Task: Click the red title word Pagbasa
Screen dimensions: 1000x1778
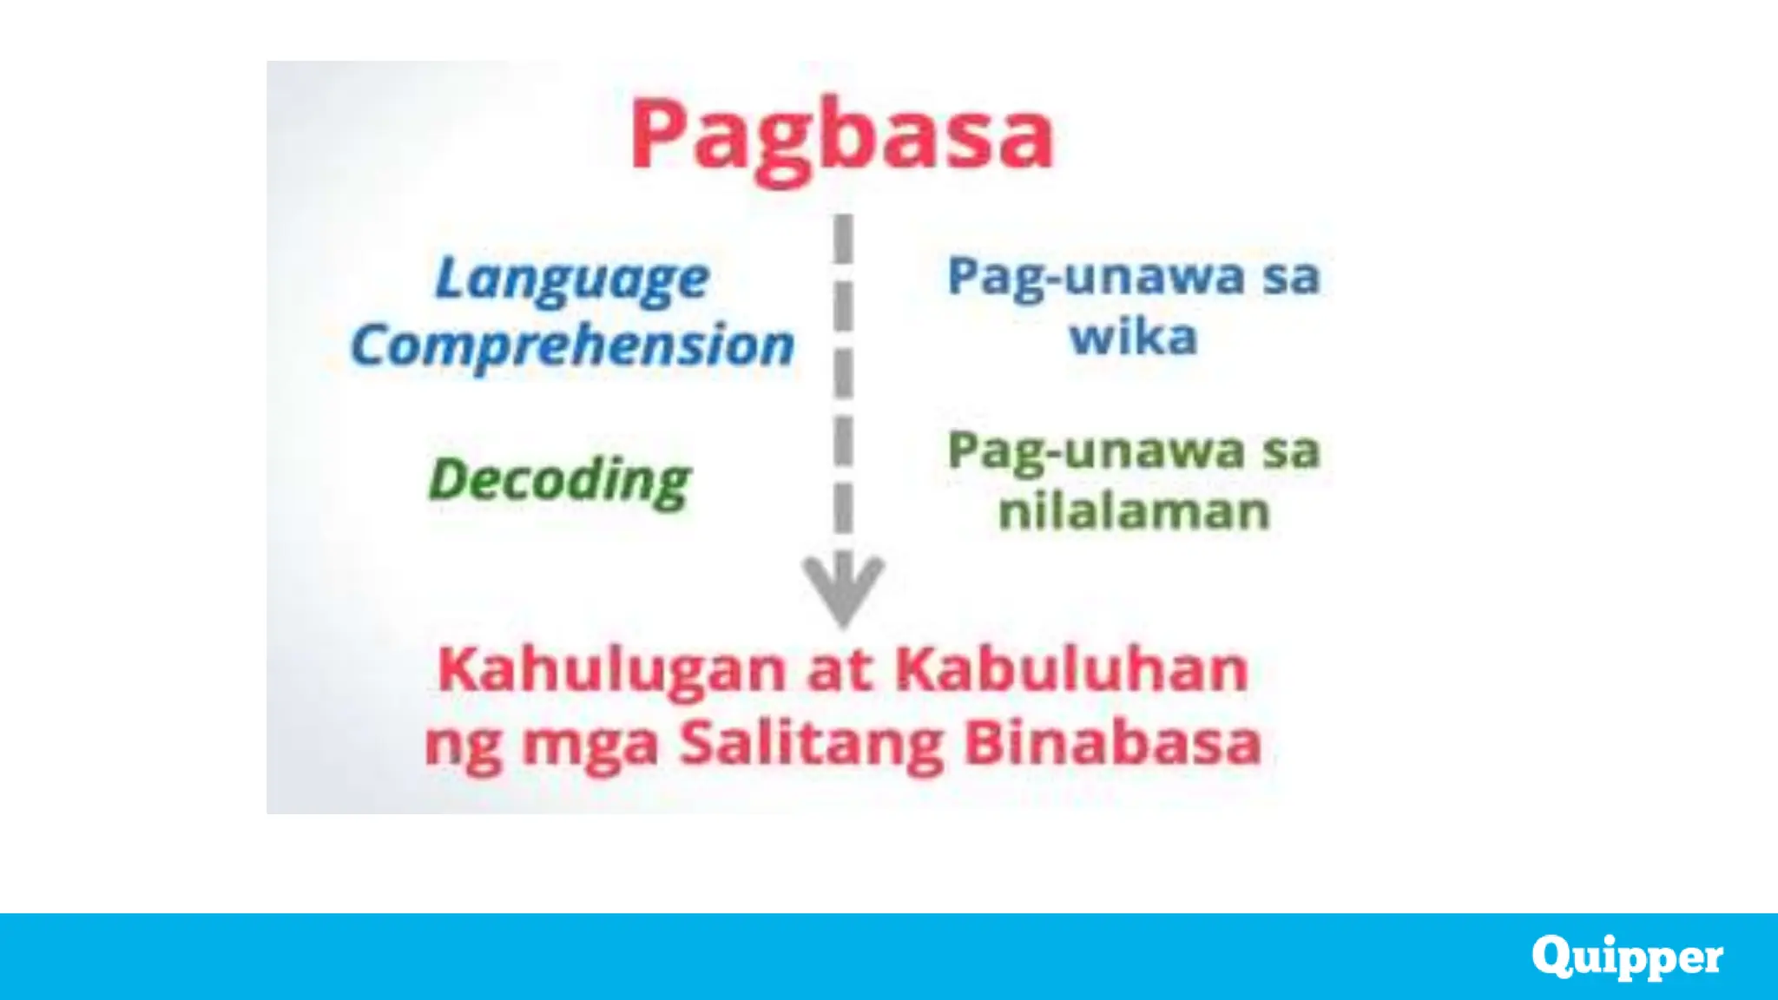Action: pos(840,137)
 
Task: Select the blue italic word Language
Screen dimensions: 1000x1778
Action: pos(572,280)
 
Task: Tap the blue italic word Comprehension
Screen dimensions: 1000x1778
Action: pos(572,346)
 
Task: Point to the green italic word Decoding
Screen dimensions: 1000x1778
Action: pos(560,480)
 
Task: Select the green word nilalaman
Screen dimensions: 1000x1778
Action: pos(1134,511)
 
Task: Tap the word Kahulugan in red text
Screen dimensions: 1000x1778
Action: pos(611,671)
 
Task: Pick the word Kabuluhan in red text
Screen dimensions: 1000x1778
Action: pos(1071,670)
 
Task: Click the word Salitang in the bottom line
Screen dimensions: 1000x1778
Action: pos(811,745)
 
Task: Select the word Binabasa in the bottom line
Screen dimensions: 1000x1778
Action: pos(1113,744)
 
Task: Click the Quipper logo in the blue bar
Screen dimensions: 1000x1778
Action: pos(1627,957)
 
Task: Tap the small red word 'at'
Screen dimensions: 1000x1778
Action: pos(840,671)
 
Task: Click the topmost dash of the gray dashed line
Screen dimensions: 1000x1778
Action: pos(843,238)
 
